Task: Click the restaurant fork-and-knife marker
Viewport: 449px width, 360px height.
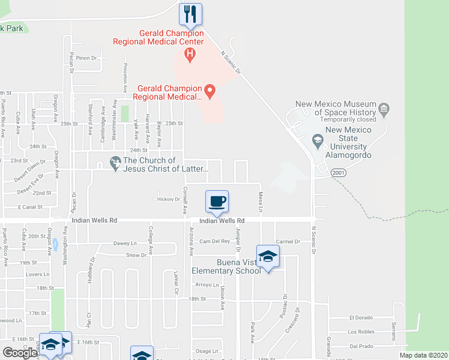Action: coord(191,14)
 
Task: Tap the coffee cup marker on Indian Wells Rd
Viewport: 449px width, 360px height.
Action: coord(217,201)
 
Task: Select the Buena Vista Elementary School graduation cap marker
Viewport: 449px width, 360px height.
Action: coord(268,256)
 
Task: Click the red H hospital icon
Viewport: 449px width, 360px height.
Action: coord(190,56)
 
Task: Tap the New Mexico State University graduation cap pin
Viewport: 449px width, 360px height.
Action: coord(318,141)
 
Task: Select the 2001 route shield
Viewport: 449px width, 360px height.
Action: coord(339,172)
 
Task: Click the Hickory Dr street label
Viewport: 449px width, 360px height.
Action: coord(168,199)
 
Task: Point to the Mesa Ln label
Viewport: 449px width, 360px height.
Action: coord(261,202)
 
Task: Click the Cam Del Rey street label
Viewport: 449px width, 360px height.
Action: coord(215,241)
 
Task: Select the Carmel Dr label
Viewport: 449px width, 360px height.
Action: coord(288,241)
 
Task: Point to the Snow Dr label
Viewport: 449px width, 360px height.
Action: coord(136,255)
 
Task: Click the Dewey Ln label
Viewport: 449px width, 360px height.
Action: coord(125,243)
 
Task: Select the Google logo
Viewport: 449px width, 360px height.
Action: coord(20,353)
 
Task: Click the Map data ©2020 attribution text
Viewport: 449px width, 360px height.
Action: coord(423,355)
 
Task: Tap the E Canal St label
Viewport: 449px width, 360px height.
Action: coord(31,207)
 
